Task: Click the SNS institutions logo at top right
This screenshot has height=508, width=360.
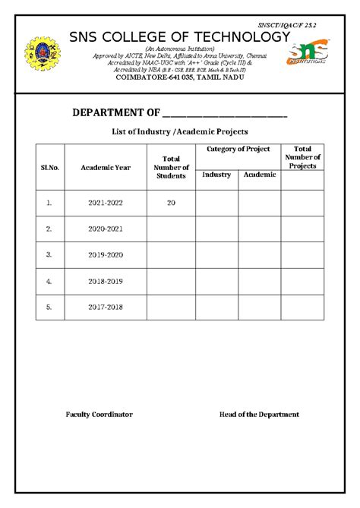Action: coord(308,53)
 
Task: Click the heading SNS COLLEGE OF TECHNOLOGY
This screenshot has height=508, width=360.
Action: coord(179,38)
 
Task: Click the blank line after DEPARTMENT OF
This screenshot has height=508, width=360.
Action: coord(225,114)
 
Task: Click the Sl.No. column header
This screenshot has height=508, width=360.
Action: coord(49,167)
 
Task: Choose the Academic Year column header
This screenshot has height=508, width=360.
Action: coord(106,167)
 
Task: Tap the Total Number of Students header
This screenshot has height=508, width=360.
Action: coord(171,167)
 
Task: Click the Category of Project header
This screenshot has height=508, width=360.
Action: coord(238,150)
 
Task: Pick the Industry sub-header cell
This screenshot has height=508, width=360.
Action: coord(216,175)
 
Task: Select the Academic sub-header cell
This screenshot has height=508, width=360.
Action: coord(260,175)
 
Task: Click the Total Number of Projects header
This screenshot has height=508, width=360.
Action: coord(302,156)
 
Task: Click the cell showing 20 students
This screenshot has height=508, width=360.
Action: coord(171,203)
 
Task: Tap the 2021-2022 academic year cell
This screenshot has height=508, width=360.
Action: coord(106,203)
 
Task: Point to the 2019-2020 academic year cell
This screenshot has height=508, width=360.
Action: coord(106,254)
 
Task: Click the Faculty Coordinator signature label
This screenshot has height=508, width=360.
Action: coord(99,415)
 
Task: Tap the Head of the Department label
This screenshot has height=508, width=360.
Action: coord(259,415)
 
